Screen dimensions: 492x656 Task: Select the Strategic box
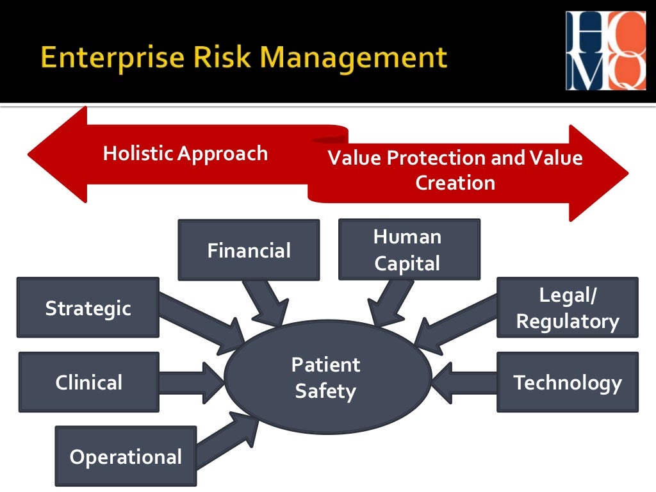(x=88, y=308)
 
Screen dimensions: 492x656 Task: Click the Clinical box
(x=88, y=382)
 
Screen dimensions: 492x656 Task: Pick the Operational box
(x=126, y=457)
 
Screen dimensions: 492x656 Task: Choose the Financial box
(x=249, y=250)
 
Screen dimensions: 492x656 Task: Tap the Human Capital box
(x=409, y=250)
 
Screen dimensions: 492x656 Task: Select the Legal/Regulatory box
(x=567, y=308)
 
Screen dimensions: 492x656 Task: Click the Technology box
(x=567, y=382)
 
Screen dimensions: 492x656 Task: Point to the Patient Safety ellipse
(x=327, y=378)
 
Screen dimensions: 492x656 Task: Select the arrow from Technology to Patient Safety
(x=464, y=382)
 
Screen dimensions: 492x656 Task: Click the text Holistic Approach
(x=185, y=154)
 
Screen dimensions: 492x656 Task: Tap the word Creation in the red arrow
(x=455, y=183)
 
